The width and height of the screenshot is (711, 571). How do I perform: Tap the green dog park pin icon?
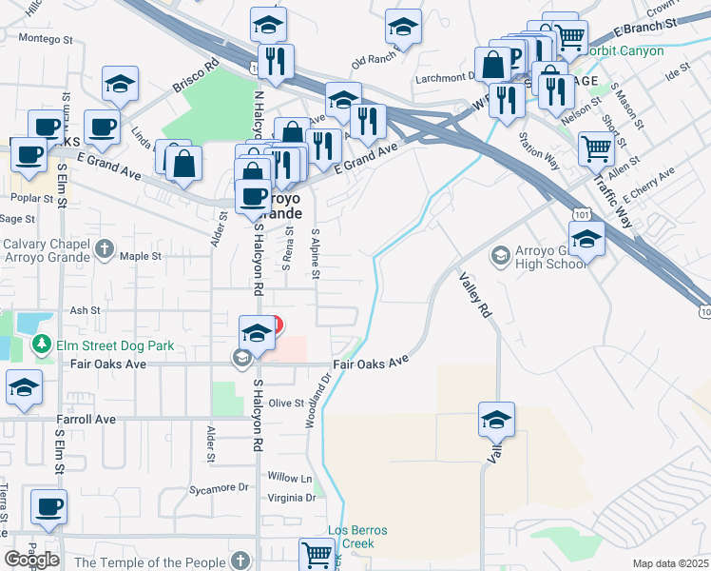click(x=41, y=345)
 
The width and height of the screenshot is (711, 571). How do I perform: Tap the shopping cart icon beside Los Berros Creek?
click(x=317, y=554)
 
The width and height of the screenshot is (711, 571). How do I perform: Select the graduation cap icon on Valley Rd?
click(x=496, y=420)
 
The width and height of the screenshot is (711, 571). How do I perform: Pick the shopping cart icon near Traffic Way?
click(x=596, y=148)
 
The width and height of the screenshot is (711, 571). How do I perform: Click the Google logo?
click(x=31, y=560)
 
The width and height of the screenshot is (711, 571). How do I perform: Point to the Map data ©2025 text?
click(x=670, y=563)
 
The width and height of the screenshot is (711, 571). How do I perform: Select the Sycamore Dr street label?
click(x=217, y=488)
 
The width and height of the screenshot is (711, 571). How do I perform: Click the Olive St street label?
click(x=284, y=404)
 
